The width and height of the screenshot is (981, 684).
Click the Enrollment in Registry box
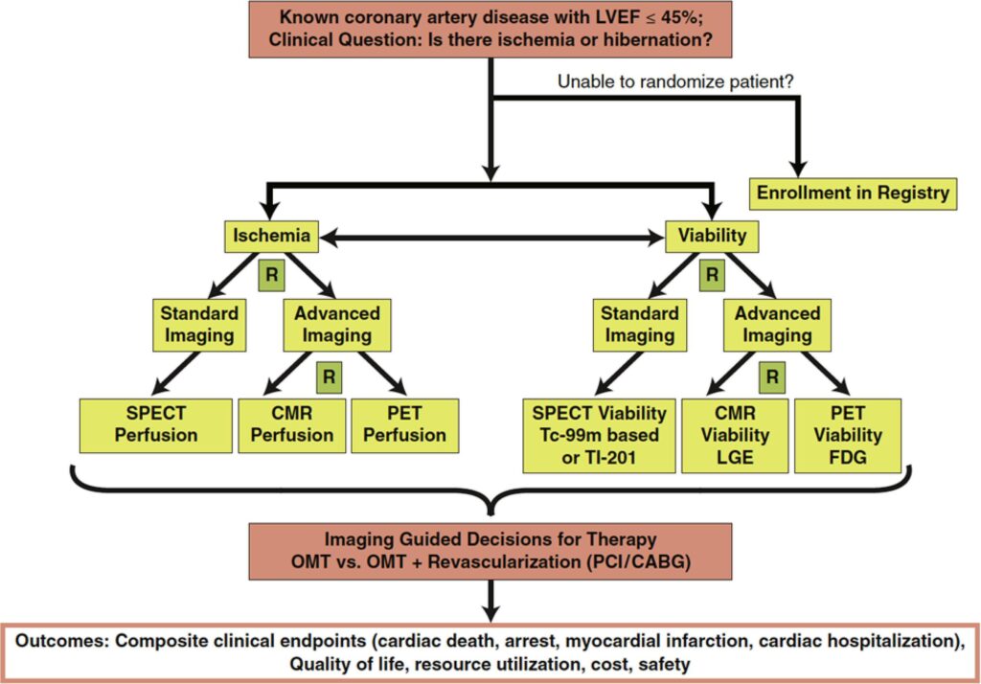(x=853, y=194)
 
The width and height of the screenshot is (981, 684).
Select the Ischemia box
(x=271, y=236)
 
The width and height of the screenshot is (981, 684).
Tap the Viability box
(x=712, y=236)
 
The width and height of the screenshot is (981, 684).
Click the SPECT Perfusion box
(x=156, y=425)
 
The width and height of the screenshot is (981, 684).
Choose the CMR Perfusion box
(x=291, y=425)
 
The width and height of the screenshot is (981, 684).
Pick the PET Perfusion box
(x=405, y=425)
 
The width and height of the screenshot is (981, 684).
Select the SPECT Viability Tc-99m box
(x=599, y=436)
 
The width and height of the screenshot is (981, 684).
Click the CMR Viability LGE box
(x=735, y=436)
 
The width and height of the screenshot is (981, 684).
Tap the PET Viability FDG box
(x=848, y=436)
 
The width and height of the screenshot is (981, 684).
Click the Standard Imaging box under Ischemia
(x=199, y=325)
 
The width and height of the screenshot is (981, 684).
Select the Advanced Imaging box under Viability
(x=777, y=325)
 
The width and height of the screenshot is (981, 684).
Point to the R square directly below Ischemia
(x=271, y=275)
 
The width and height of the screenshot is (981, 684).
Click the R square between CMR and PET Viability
(x=772, y=377)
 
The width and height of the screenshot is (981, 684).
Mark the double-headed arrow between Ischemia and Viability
(x=491, y=238)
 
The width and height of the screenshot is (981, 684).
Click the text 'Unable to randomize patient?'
(x=675, y=82)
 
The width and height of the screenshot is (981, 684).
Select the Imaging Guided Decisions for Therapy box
(x=490, y=552)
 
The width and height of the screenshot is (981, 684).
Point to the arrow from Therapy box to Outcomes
(x=491, y=602)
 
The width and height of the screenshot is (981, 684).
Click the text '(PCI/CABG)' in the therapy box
(x=639, y=562)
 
